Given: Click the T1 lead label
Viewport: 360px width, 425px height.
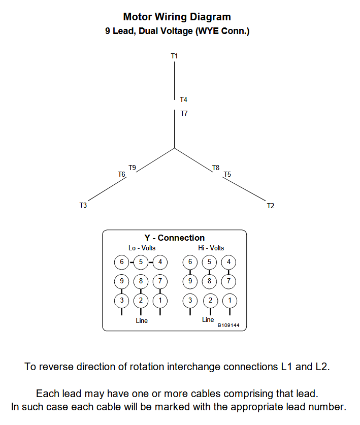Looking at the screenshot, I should (x=174, y=56).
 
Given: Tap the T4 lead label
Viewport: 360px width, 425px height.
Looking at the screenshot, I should (x=183, y=100).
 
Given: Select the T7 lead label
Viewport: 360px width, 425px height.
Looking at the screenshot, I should (x=184, y=113).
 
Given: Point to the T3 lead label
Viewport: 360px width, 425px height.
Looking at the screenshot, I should (x=83, y=206).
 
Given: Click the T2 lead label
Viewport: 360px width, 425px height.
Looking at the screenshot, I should (x=271, y=206).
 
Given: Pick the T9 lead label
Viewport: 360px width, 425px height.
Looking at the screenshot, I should (x=132, y=168).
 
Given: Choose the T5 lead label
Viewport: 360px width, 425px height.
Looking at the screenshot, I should (x=227, y=174).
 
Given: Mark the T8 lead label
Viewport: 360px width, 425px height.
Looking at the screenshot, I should (x=216, y=168).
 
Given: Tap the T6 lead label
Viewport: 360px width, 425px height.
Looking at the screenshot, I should (x=121, y=174).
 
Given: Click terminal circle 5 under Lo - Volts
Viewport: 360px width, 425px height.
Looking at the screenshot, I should (x=141, y=263).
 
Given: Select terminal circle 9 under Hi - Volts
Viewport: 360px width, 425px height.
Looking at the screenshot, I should (x=190, y=281).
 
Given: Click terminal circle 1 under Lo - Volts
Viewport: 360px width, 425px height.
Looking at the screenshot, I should (x=160, y=300).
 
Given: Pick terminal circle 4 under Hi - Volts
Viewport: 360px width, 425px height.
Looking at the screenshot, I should (x=229, y=263).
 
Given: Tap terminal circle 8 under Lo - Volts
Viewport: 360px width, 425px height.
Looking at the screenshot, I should (x=141, y=281).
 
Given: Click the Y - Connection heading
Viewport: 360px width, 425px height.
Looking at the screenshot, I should (x=175, y=238).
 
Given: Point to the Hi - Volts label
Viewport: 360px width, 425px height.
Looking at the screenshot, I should (x=211, y=248).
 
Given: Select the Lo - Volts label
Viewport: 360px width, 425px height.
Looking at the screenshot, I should (x=142, y=248).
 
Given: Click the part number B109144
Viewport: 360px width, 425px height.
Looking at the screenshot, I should (x=229, y=325).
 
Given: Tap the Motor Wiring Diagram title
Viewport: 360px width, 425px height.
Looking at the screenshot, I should (x=177, y=17).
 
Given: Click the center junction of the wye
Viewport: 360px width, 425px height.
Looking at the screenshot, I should (x=175, y=148).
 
